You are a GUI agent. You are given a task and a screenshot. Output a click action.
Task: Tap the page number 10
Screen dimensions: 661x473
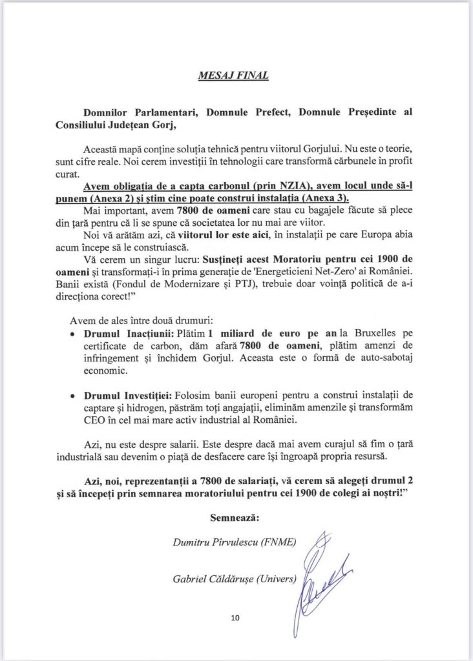coord(235,618)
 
